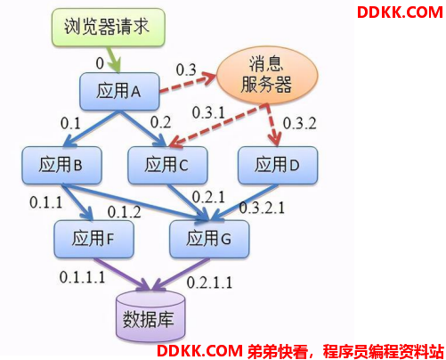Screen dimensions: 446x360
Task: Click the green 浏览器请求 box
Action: point(109,27)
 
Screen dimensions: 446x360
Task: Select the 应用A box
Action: point(119,91)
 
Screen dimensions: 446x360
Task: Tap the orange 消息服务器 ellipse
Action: point(267,75)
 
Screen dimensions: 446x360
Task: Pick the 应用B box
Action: point(61,165)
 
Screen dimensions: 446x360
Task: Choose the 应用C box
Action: point(167,165)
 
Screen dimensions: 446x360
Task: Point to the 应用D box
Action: point(278,165)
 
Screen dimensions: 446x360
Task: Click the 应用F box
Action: point(93,239)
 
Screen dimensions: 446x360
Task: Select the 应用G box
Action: point(209,239)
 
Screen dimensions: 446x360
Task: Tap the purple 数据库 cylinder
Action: point(150,316)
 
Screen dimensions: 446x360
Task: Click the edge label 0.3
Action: point(186,70)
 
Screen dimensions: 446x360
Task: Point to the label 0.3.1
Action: point(208,113)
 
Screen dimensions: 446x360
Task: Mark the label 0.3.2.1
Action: point(262,208)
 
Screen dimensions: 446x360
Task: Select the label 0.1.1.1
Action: point(82,277)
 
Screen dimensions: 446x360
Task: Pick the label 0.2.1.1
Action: point(209,282)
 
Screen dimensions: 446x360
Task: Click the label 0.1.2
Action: point(124,212)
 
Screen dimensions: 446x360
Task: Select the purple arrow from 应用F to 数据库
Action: point(122,274)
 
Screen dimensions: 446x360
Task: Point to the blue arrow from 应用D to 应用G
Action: point(245,202)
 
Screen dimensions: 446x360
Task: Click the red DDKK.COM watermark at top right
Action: point(400,12)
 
